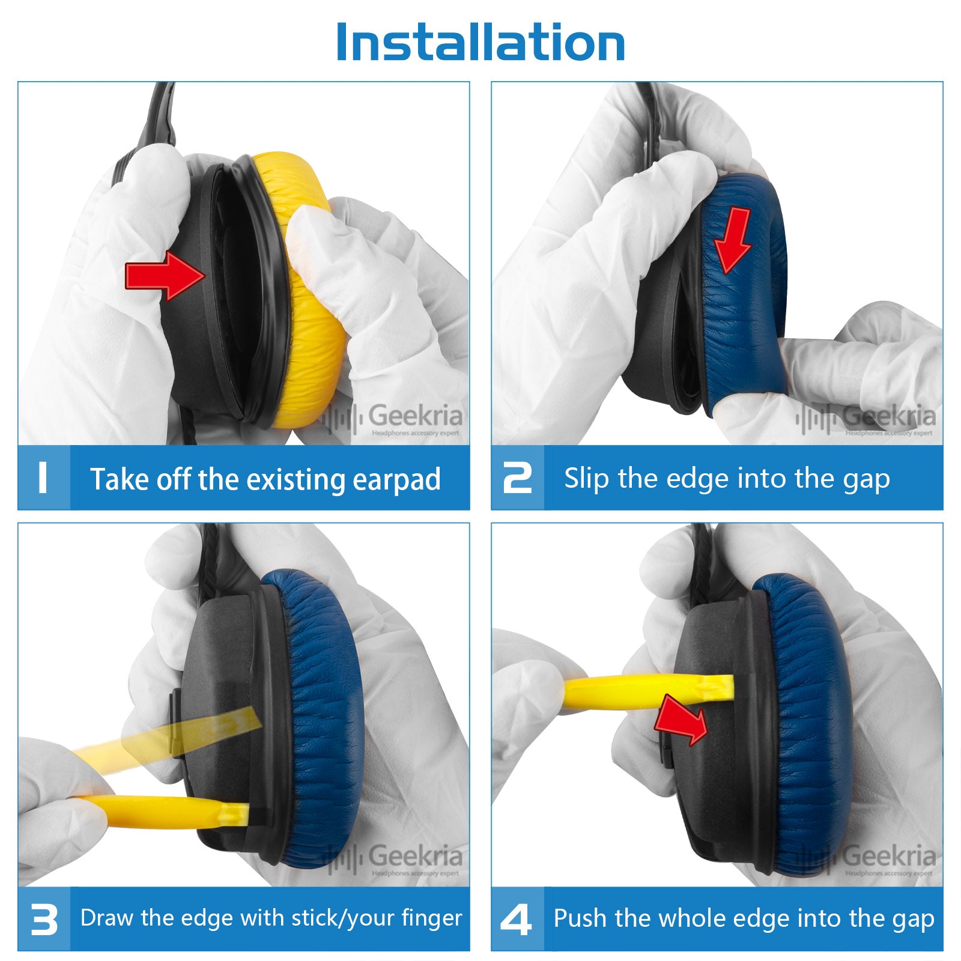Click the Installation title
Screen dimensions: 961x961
(480, 42)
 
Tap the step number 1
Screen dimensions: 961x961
(42, 478)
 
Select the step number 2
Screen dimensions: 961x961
(517, 478)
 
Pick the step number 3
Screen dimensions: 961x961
(44, 920)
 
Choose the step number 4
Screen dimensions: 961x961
(517, 920)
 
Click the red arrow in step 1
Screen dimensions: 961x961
(165, 276)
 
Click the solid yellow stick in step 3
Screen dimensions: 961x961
(162, 811)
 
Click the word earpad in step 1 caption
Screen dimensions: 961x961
(397, 480)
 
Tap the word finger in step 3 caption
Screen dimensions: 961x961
(432, 918)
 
